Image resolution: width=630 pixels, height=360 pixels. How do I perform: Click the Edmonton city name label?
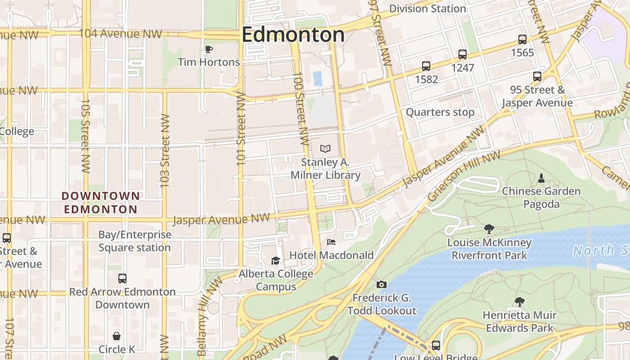(x=293, y=35)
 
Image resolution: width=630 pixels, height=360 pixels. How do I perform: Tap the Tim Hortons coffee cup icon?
(x=208, y=49)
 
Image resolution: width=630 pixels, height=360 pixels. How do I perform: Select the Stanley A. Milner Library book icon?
(x=325, y=148)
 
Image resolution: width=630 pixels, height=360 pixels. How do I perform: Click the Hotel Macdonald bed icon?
(x=331, y=242)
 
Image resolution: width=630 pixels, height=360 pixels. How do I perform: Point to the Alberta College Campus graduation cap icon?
(x=275, y=261)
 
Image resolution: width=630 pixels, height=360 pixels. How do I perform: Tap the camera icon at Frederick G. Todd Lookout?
(x=381, y=284)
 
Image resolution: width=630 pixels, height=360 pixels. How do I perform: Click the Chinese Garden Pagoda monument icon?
(x=541, y=178)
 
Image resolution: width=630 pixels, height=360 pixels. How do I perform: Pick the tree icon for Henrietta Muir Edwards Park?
(x=520, y=301)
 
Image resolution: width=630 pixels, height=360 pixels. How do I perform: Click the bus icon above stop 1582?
(x=426, y=66)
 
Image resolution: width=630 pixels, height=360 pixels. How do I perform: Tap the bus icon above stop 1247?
(x=463, y=54)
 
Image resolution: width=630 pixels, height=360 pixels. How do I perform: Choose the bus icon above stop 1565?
(x=522, y=40)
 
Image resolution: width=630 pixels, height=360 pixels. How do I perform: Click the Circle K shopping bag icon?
(x=117, y=336)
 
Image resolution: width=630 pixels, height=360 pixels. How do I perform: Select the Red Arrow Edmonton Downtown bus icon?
(x=122, y=279)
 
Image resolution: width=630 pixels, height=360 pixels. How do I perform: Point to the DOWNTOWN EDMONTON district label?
(x=100, y=202)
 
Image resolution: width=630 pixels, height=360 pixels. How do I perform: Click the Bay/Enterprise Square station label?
(x=135, y=241)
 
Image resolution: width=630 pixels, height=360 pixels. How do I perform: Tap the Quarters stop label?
(x=440, y=112)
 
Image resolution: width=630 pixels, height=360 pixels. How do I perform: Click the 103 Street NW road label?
(x=165, y=151)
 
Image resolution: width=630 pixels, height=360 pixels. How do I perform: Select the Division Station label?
(x=427, y=9)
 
